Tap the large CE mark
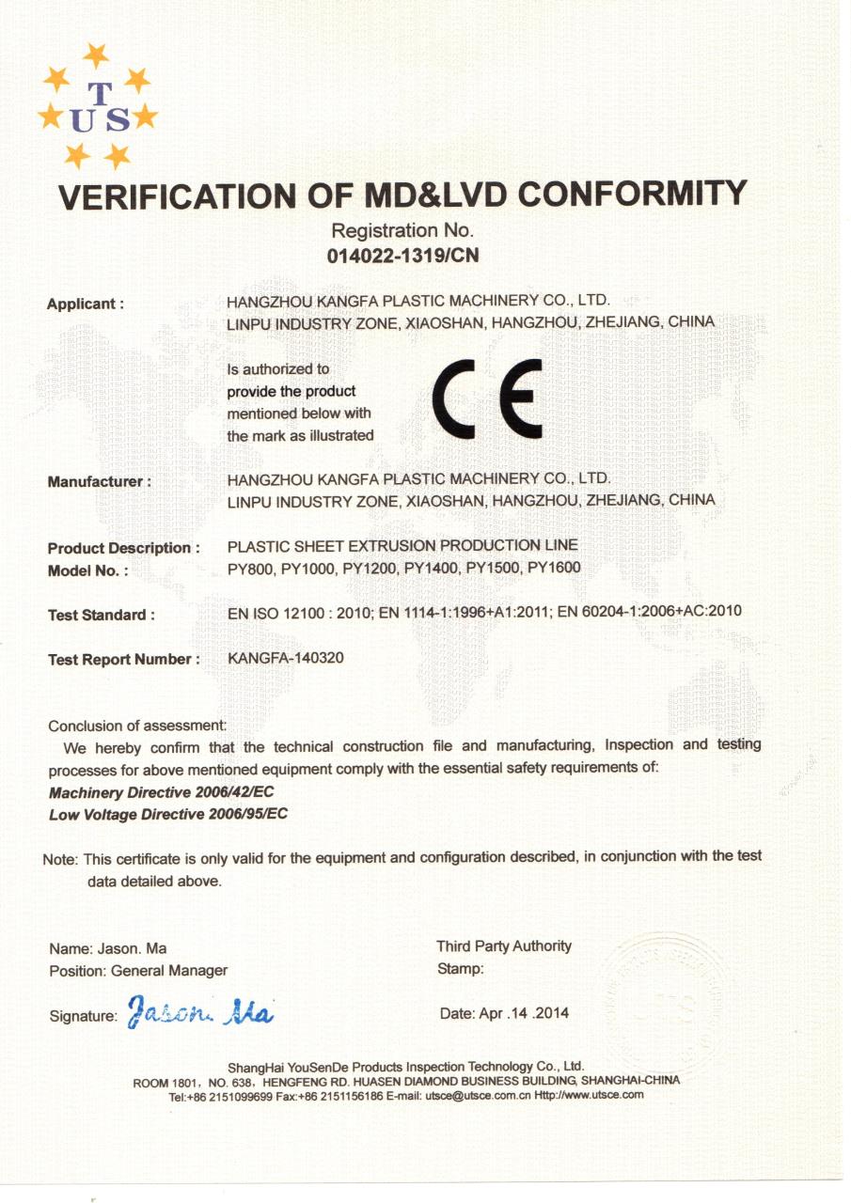(x=487, y=398)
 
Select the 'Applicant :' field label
(x=86, y=304)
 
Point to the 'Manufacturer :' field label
(x=99, y=481)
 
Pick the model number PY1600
(x=554, y=567)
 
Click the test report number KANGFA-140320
(x=286, y=658)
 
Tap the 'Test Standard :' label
(x=102, y=615)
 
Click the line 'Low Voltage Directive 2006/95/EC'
(x=168, y=814)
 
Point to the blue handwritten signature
(x=199, y=1012)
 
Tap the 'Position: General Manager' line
(x=138, y=970)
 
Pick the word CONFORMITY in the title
(x=632, y=194)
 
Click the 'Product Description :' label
(x=123, y=548)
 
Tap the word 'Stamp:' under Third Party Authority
(x=461, y=969)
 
